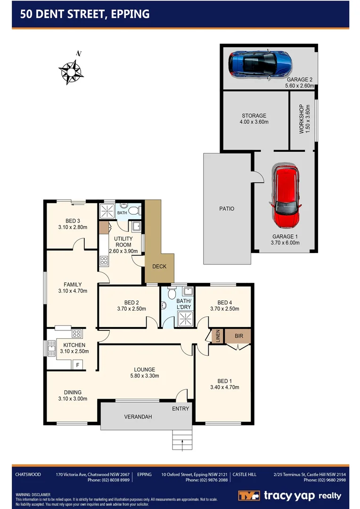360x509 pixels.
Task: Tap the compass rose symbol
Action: (x=71, y=72)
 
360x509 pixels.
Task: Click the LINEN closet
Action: (x=218, y=336)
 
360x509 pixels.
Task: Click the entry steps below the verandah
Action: (x=183, y=440)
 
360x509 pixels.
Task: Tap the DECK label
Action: (x=159, y=266)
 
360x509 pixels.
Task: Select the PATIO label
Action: (x=226, y=208)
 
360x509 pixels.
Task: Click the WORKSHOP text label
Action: (x=302, y=119)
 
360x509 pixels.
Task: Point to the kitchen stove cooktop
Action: (x=76, y=334)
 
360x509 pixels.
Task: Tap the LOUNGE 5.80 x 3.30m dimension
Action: (x=144, y=376)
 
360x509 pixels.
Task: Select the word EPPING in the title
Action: (x=130, y=14)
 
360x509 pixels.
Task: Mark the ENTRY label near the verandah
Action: (x=180, y=409)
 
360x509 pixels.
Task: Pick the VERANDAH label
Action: (x=138, y=417)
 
